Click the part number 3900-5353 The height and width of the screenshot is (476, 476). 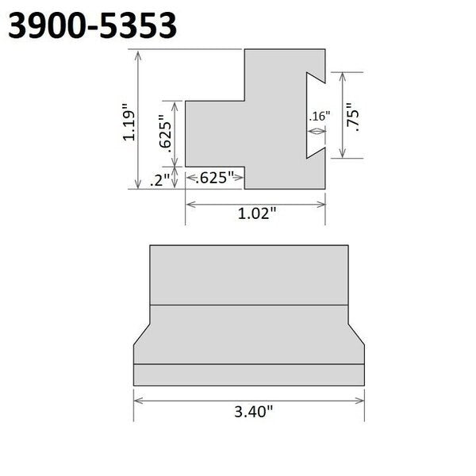[x=92, y=26]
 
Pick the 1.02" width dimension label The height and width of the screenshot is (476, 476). [x=255, y=213]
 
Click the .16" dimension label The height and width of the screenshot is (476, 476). [x=319, y=117]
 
